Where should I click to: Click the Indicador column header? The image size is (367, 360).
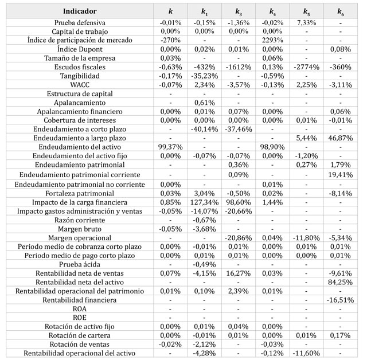pos(80,11)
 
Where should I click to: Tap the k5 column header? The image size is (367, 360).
pos(306,11)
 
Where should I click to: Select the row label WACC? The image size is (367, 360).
pos(80,85)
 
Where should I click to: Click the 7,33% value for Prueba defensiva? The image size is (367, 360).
pos(306,23)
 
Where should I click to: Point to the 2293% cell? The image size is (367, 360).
pos(272,40)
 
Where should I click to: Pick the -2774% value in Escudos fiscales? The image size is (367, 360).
pos(306,67)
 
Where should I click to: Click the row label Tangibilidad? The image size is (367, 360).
pos(80,76)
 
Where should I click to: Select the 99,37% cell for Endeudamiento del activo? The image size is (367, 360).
pos(170,147)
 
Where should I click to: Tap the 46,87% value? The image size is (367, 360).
pos(340,138)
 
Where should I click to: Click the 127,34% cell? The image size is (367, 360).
pos(204,202)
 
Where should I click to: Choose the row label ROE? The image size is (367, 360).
pos(80,318)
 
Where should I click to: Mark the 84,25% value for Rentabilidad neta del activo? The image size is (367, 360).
pos(340,282)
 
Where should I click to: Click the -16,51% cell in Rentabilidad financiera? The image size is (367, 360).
pos(340,300)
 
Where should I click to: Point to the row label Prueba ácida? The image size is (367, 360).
pos(80,264)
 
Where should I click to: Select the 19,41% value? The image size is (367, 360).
pos(340,175)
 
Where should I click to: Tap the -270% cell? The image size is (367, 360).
pos(170,40)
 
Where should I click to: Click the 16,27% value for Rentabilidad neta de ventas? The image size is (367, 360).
pos(239,273)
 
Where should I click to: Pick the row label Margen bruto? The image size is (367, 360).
pos(80,229)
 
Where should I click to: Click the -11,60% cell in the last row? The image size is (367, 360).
pos(306,353)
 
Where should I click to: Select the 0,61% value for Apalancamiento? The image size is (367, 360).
pos(204,103)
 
